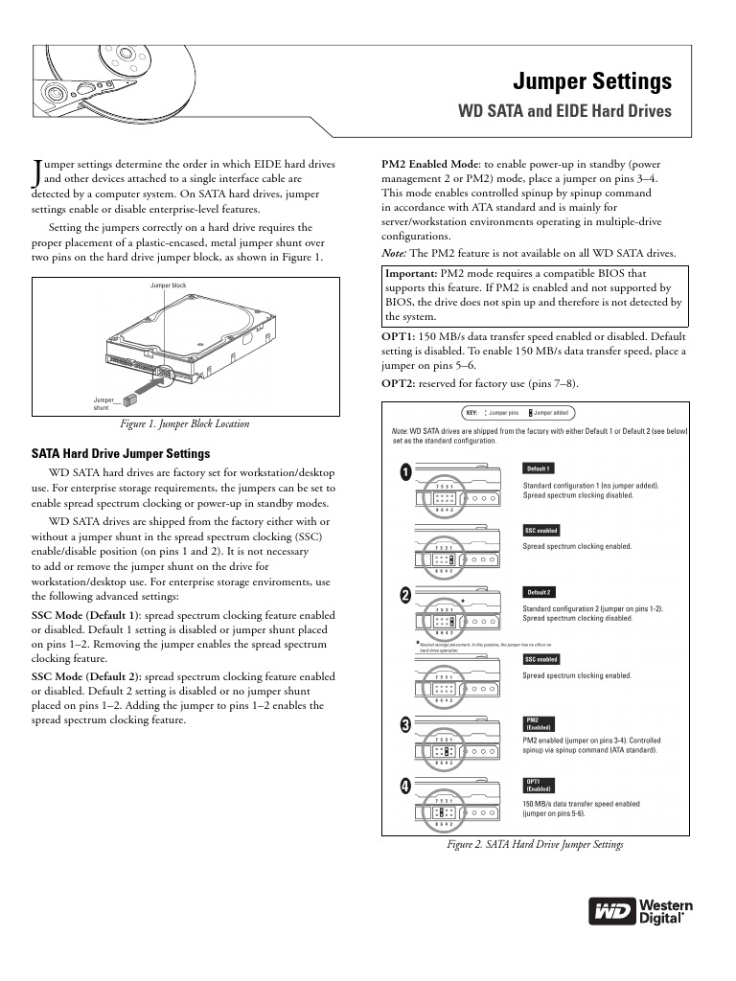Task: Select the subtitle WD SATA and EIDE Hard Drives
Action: [x=567, y=111]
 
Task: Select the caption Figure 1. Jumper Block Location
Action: [x=182, y=423]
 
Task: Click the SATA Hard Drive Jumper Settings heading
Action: [x=121, y=453]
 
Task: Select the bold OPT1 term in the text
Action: [x=399, y=337]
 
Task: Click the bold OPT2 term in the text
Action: [x=399, y=384]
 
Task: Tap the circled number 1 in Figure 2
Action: [x=405, y=473]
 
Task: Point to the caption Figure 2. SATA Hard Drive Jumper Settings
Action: [x=536, y=845]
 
